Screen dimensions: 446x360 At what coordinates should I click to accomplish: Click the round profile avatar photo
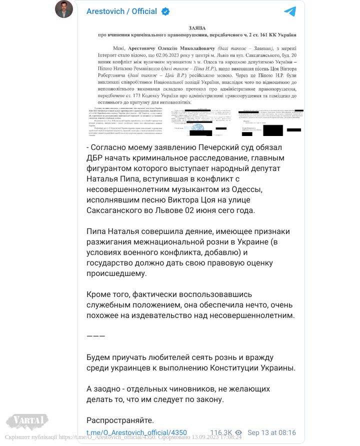point(64,9)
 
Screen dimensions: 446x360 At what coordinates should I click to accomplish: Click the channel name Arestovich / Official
point(121,11)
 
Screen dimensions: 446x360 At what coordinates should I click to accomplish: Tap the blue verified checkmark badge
point(165,11)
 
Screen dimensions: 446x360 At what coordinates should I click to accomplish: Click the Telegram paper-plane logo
point(290,11)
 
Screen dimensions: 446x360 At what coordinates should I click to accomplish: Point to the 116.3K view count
point(221,433)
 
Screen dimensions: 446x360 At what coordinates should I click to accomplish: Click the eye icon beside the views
point(239,433)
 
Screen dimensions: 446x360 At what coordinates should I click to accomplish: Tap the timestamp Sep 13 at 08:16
point(272,433)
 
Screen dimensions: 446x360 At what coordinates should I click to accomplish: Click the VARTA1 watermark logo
point(27,419)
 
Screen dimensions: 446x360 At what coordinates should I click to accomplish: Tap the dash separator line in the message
point(95,335)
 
